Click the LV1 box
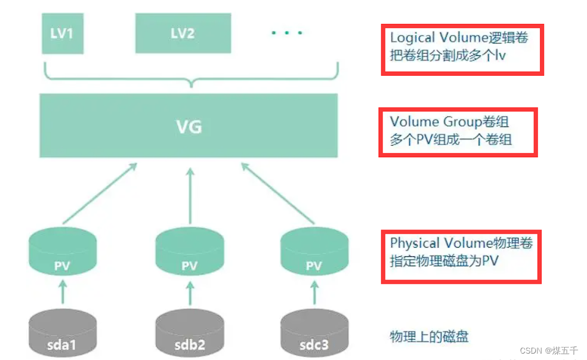tap(62, 34)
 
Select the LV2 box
tap(182, 34)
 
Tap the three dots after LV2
tap(287, 33)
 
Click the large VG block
tap(189, 125)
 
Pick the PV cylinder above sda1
tap(62, 251)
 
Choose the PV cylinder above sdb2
tap(189, 251)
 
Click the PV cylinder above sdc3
tap(314, 251)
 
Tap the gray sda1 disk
tap(62, 334)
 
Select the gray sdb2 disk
tap(189, 334)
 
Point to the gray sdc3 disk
tap(314, 334)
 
